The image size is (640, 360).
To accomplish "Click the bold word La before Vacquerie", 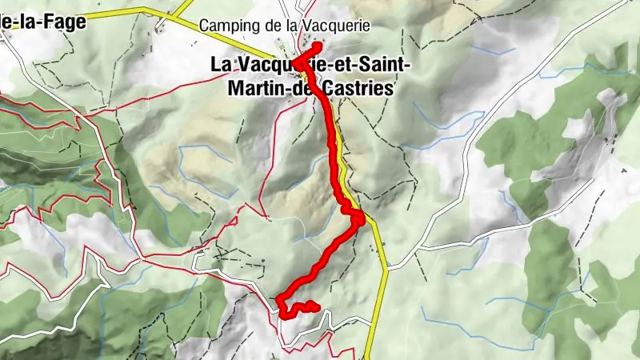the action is pos(221,65).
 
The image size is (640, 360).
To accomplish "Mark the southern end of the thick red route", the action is pos(316,307).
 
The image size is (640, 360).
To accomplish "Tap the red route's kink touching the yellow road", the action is pos(362,216).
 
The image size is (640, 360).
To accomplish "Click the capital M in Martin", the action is pos(234,89).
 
